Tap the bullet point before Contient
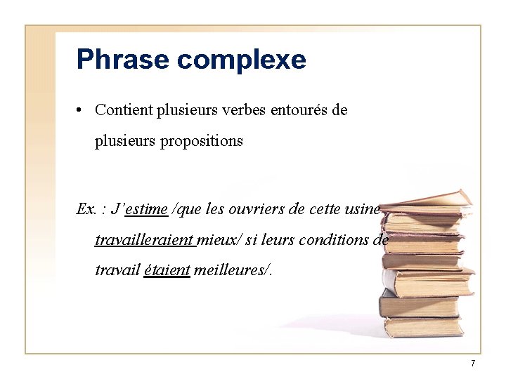82,111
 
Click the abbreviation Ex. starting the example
87,209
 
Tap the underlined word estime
146,209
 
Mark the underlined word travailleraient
144,240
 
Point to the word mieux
218,240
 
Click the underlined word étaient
167,270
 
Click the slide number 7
473,363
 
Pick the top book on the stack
429,199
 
